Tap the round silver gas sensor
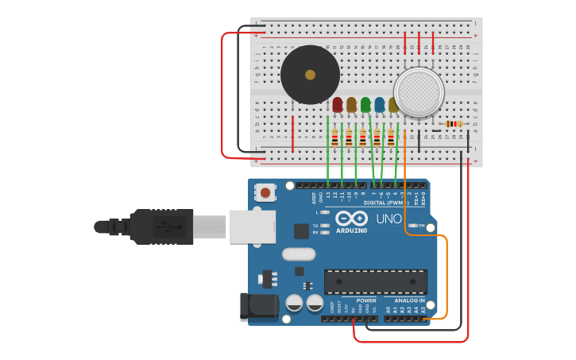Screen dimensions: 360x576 (x=419, y=91)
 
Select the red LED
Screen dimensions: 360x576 (x=338, y=104)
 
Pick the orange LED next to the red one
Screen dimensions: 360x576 (x=351, y=104)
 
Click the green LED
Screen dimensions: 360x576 (x=365, y=104)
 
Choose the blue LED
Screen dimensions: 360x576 (x=379, y=104)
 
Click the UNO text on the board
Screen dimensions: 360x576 (x=389, y=219)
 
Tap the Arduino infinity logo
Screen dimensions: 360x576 (x=350, y=218)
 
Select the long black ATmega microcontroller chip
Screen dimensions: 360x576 (x=375, y=281)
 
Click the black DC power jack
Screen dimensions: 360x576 (x=258, y=308)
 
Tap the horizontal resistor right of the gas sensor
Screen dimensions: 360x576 (x=454, y=124)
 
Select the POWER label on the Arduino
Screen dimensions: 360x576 (x=366, y=300)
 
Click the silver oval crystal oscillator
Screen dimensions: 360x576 (x=298, y=254)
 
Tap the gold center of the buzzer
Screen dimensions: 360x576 (x=310, y=75)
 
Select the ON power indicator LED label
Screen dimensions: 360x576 (x=421, y=225)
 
